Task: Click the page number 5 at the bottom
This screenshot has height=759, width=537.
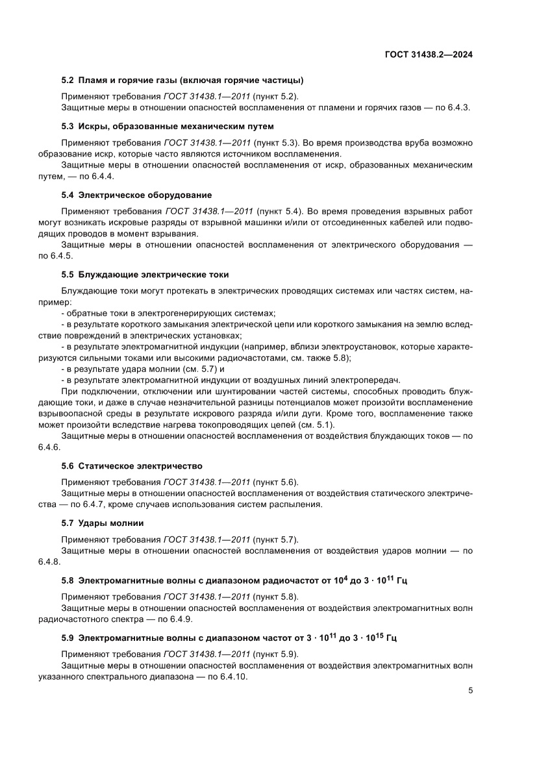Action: click(470, 691)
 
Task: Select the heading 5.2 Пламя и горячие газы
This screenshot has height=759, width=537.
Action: click(182, 81)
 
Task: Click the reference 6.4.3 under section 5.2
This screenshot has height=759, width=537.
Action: click(460, 108)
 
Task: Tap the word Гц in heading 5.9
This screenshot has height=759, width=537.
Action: click(391, 638)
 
